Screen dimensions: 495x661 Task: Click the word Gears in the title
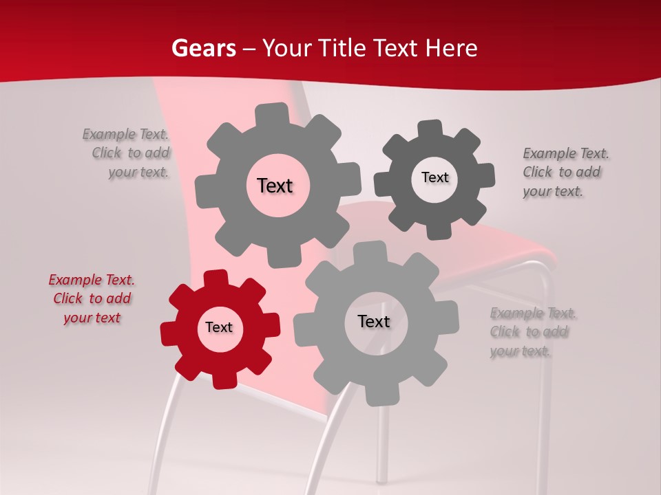(x=203, y=48)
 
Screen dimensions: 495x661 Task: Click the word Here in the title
(x=451, y=48)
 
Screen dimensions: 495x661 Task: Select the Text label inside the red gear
(x=219, y=328)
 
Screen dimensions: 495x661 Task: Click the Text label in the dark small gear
(x=434, y=177)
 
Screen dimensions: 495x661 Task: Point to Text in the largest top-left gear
(x=275, y=186)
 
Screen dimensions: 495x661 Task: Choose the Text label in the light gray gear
(x=374, y=322)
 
